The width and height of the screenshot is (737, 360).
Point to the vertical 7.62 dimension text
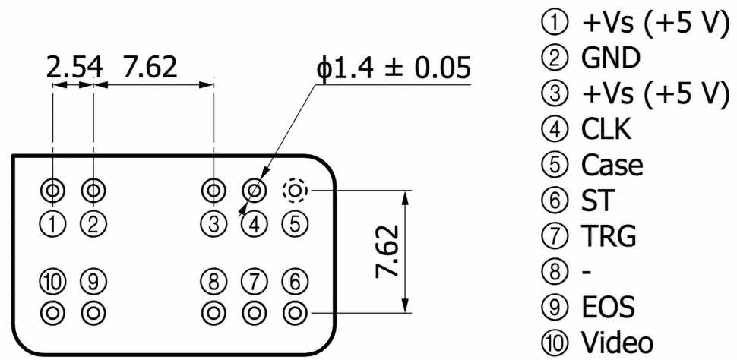point(389,251)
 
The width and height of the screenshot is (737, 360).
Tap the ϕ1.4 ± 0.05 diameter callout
point(394,69)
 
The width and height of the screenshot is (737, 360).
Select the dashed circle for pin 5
point(294,189)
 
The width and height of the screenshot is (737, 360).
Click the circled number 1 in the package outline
point(52,223)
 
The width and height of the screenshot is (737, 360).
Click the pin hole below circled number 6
point(294,312)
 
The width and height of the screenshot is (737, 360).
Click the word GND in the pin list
point(611,58)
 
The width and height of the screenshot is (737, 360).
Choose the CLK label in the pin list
point(606,129)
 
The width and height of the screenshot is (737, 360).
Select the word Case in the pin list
point(612,165)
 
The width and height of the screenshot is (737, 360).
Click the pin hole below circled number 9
point(93,312)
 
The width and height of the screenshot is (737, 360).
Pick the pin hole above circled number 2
point(93,189)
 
